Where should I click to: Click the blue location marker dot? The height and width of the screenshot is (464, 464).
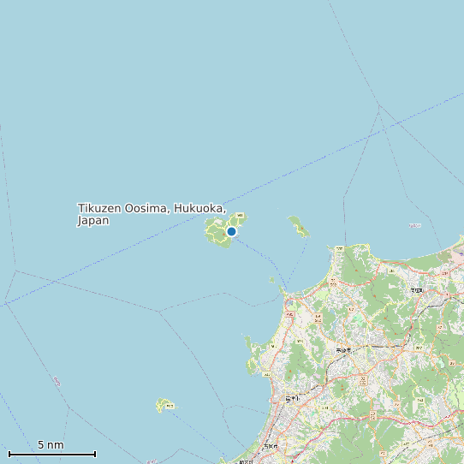point(231,231)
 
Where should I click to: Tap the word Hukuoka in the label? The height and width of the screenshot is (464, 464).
point(200,209)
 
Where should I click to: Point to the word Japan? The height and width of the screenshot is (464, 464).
point(93,221)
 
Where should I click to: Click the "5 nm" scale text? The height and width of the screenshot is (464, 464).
point(51,445)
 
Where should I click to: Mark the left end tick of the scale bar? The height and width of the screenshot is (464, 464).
point(9,453)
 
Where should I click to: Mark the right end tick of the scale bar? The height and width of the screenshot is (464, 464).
point(95,453)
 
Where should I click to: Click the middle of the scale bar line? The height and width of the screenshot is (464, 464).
point(52,453)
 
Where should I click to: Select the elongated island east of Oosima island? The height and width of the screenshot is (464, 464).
point(299,227)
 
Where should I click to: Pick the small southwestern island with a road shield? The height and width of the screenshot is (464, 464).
point(164,404)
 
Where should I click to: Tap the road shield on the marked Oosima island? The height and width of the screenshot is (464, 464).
point(240,215)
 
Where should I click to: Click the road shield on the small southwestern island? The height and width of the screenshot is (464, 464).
point(169,405)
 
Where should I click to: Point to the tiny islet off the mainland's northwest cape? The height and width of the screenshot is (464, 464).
point(271,279)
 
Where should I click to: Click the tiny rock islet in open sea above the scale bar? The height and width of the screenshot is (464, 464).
point(57,379)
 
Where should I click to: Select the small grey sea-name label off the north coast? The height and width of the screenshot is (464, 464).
point(415,225)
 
